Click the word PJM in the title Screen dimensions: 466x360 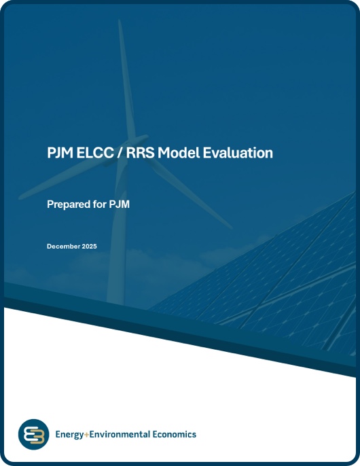pos(56,153)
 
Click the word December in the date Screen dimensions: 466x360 pos(63,246)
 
